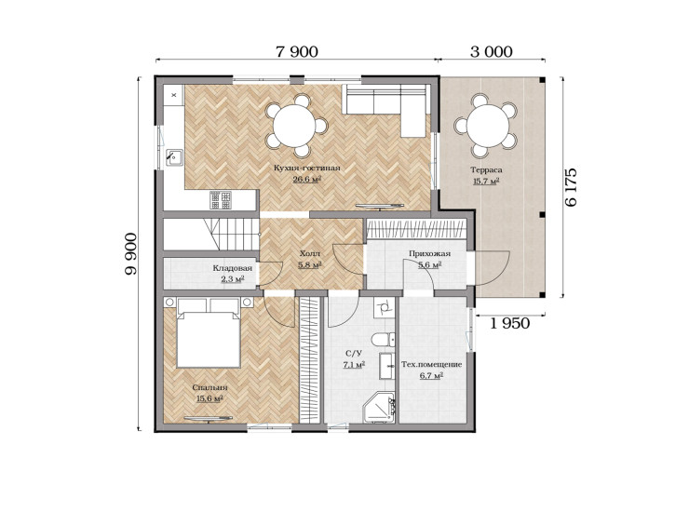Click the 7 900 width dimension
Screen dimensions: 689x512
click(x=297, y=51)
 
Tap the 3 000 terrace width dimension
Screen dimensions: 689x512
click(x=492, y=51)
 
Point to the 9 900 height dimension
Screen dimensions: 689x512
click(x=130, y=254)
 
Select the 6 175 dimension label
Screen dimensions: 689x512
click(x=572, y=187)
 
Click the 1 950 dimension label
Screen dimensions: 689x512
click(x=509, y=323)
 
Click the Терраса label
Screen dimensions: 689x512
click(x=486, y=169)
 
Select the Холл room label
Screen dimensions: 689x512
click(x=310, y=253)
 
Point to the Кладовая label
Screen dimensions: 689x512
click(x=233, y=268)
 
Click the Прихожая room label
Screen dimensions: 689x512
click(x=429, y=253)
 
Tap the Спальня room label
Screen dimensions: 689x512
click(x=210, y=387)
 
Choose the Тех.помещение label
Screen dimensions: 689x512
click(x=431, y=364)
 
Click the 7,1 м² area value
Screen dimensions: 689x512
click(x=354, y=364)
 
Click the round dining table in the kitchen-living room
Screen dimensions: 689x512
click(x=294, y=126)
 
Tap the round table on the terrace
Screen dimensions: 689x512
click(x=487, y=126)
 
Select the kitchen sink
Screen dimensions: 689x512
click(x=174, y=157)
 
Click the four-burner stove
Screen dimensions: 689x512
click(x=220, y=200)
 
